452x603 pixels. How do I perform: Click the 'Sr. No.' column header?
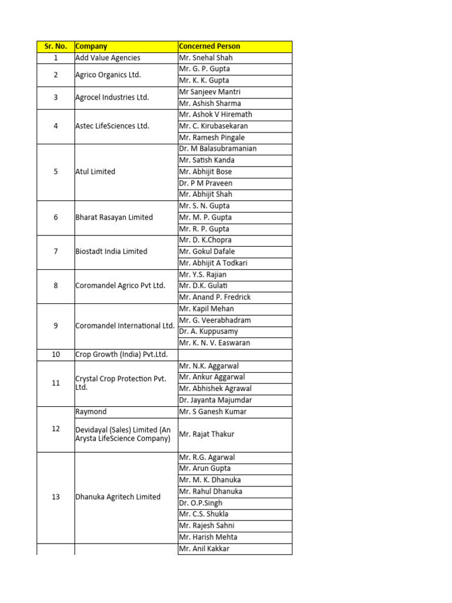pyautogui.click(x=55, y=46)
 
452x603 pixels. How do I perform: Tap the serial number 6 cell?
pyautogui.click(x=55, y=217)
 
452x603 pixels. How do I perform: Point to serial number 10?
pyautogui.click(x=55, y=354)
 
